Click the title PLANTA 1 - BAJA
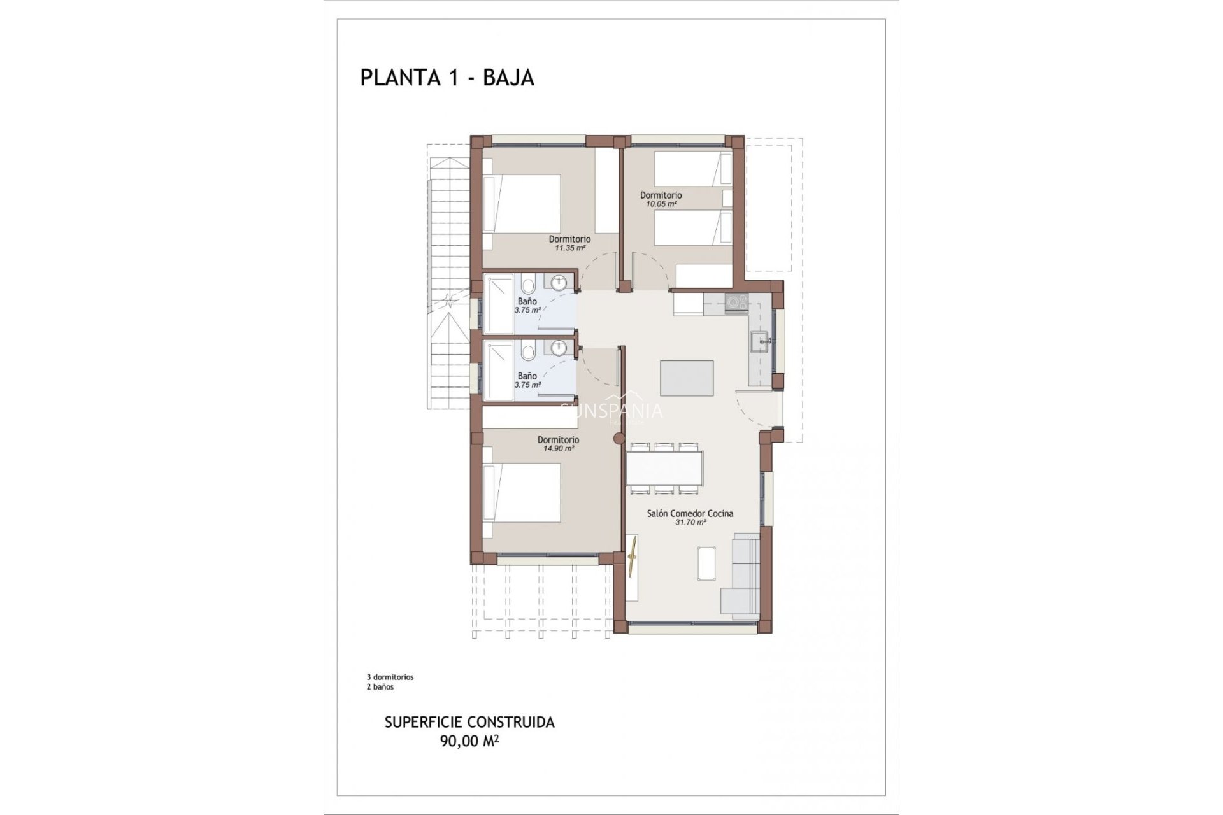point(447,78)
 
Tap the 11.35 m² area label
point(569,248)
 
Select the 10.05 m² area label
point(661,204)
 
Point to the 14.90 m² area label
point(558,448)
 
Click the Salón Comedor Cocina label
point(690,513)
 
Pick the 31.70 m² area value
point(690,522)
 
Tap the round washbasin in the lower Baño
point(559,348)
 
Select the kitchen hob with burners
point(737,302)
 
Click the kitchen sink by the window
point(760,343)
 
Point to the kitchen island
point(687,378)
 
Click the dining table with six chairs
point(664,468)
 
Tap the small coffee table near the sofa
point(706,563)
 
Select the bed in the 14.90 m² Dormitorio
point(522,492)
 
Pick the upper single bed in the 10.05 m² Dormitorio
point(692,169)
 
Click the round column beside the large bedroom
point(617,438)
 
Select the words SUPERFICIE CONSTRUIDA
point(469,722)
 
